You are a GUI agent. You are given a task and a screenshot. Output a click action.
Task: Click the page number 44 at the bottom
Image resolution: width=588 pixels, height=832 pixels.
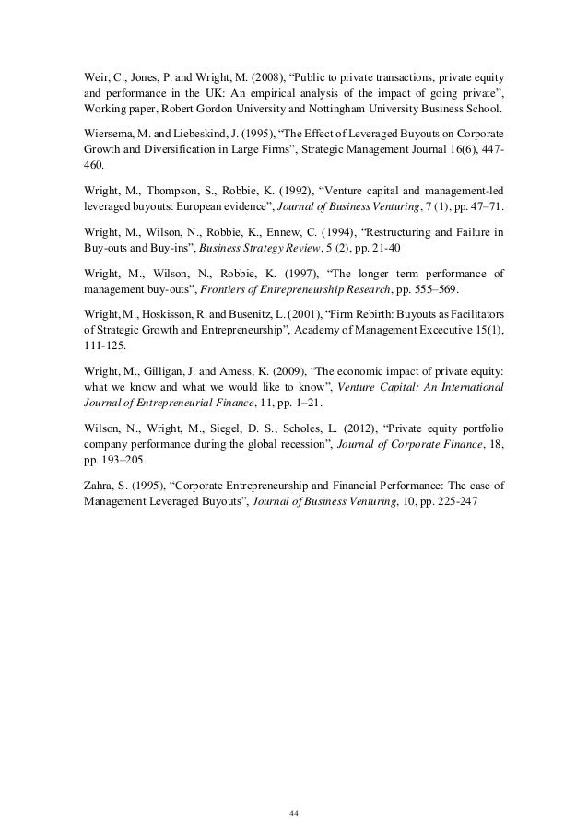294,788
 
